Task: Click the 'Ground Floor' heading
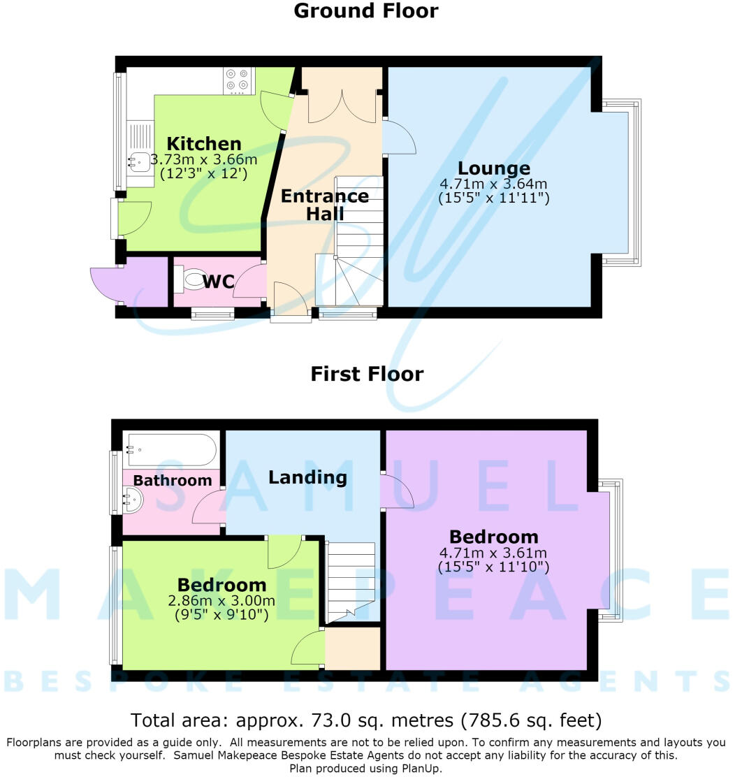366,11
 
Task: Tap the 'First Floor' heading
367,374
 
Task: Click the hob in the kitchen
237,81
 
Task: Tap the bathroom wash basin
132,500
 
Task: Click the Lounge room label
494,168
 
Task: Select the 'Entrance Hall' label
325,205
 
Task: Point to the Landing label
307,477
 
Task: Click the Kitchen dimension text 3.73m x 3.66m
204,159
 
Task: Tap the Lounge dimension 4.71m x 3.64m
494,184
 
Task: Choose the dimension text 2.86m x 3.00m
221,601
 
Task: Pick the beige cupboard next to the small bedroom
352,648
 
